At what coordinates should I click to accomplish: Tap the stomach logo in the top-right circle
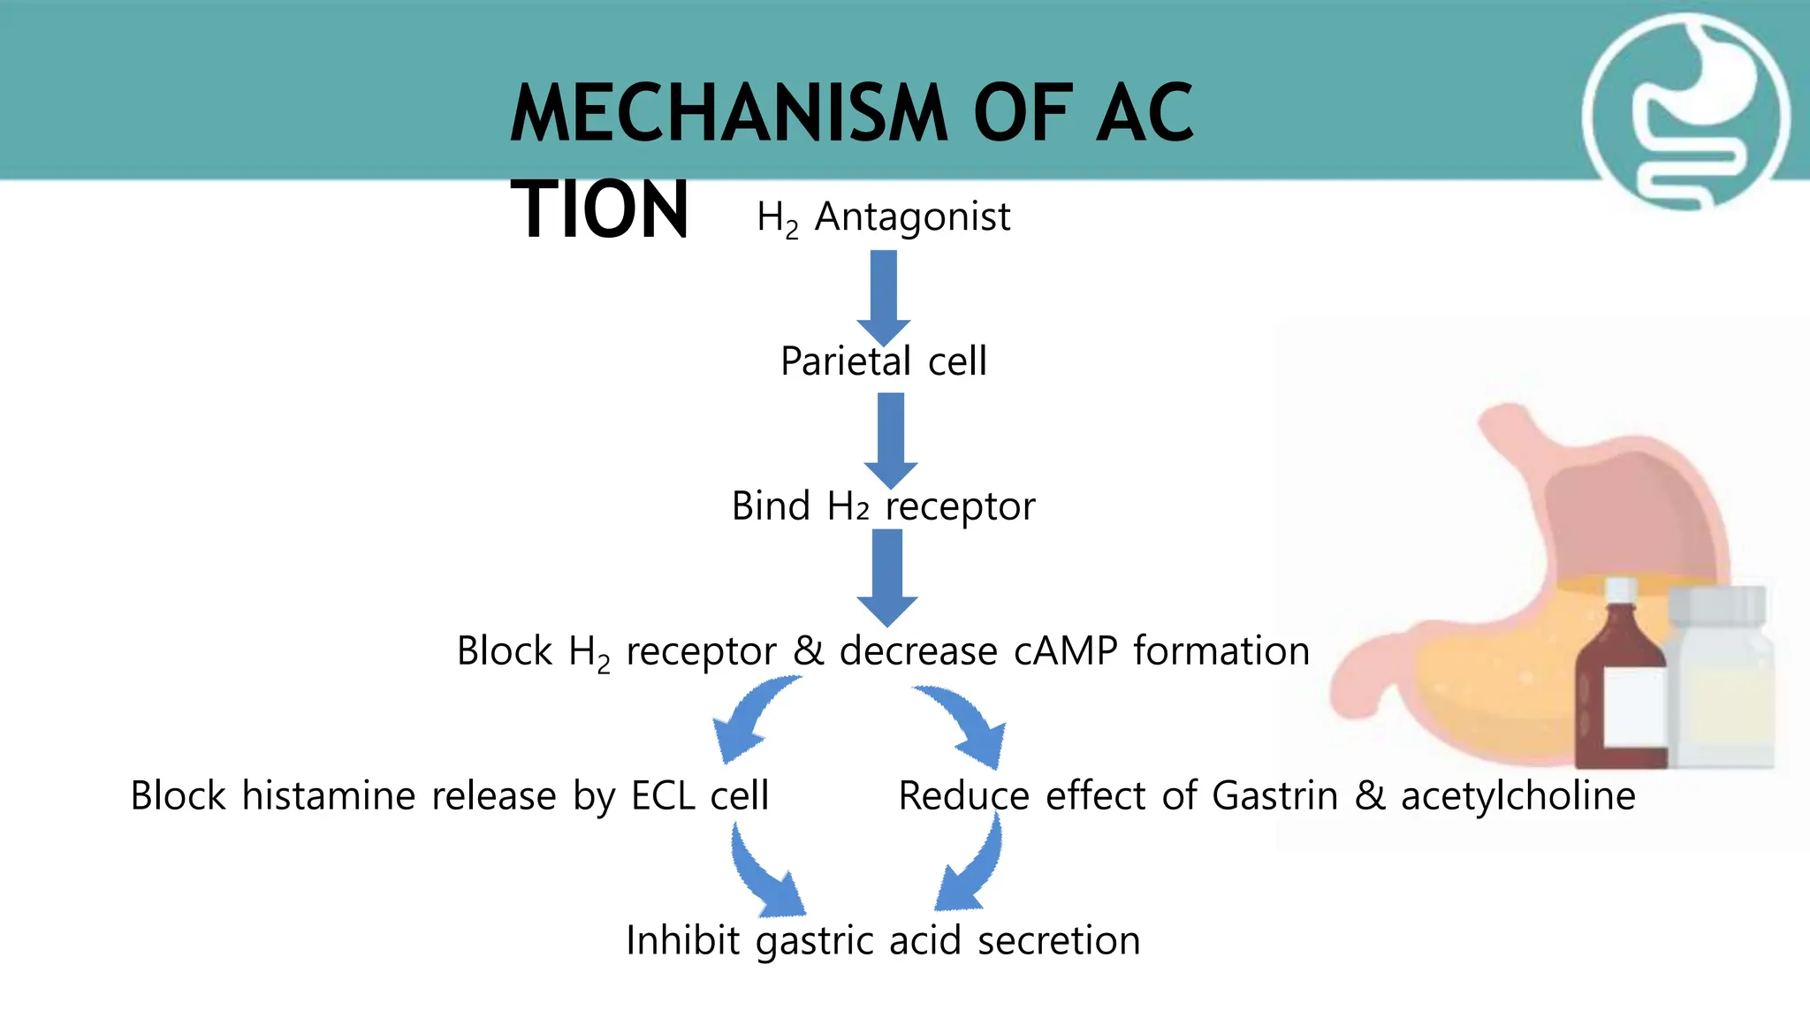pos(1685,113)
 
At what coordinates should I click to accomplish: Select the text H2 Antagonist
pos(883,217)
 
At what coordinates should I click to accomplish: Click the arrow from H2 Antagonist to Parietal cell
pos(883,296)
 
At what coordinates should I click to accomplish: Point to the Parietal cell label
pos(883,361)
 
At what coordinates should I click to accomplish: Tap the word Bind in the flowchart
pos(771,506)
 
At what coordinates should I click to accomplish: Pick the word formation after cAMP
pos(1221,651)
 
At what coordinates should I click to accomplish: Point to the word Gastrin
pos(1274,796)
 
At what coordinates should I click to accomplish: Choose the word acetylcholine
pos(1517,796)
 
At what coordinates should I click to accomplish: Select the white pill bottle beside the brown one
pos(1722,676)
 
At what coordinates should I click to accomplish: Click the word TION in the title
pos(599,210)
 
